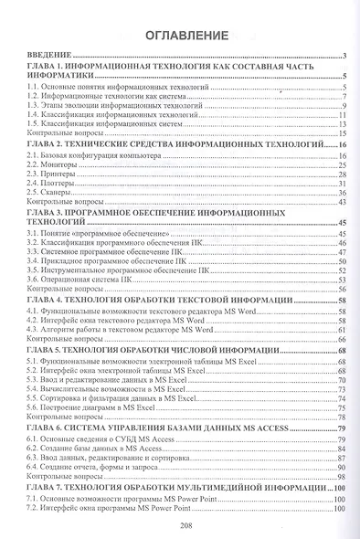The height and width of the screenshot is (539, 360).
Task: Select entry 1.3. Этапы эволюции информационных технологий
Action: tap(123, 108)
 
